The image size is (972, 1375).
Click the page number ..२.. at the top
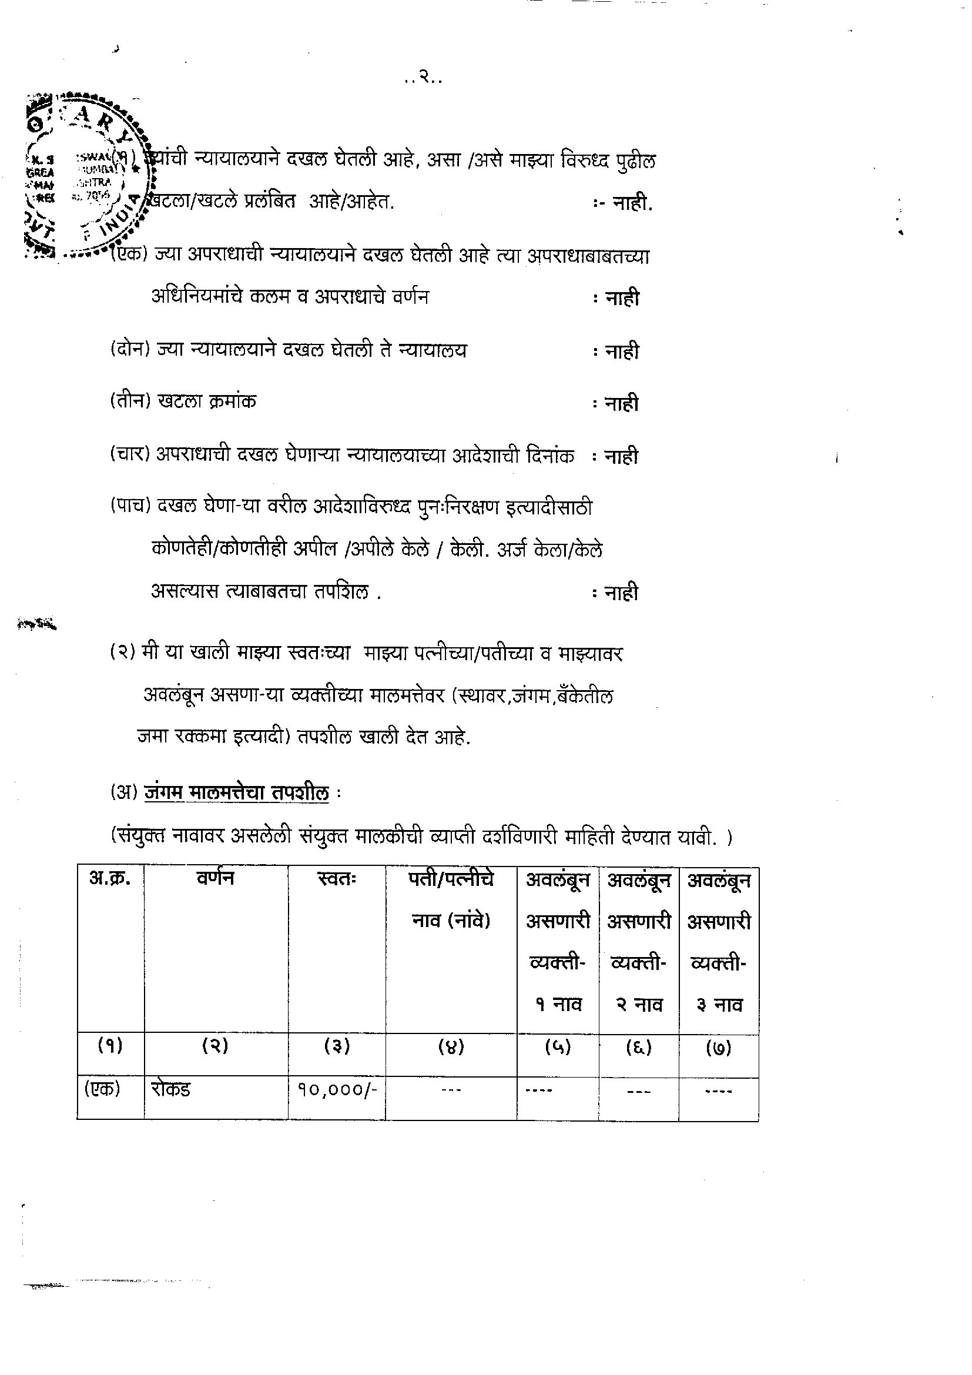pyautogui.click(x=423, y=77)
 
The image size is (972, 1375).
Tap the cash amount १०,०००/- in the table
pyautogui.click(x=337, y=1089)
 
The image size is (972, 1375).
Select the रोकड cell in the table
pyautogui.click(x=170, y=1089)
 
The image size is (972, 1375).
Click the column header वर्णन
pyautogui.click(x=216, y=878)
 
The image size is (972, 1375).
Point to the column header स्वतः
pyautogui.click(x=337, y=879)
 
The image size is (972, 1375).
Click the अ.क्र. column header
pyautogui.click(x=109, y=878)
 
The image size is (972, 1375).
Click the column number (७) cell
pyautogui.click(x=719, y=1048)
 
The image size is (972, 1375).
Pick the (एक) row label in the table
pyautogui.click(x=102, y=1089)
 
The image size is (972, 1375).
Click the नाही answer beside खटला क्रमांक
pyautogui.click(x=622, y=404)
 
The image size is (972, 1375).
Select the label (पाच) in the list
pyautogui.click(x=129, y=506)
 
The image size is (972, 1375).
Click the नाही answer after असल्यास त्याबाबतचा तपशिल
pyautogui.click(x=622, y=593)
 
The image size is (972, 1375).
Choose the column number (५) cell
pyautogui.click(x=558, y=1047)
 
